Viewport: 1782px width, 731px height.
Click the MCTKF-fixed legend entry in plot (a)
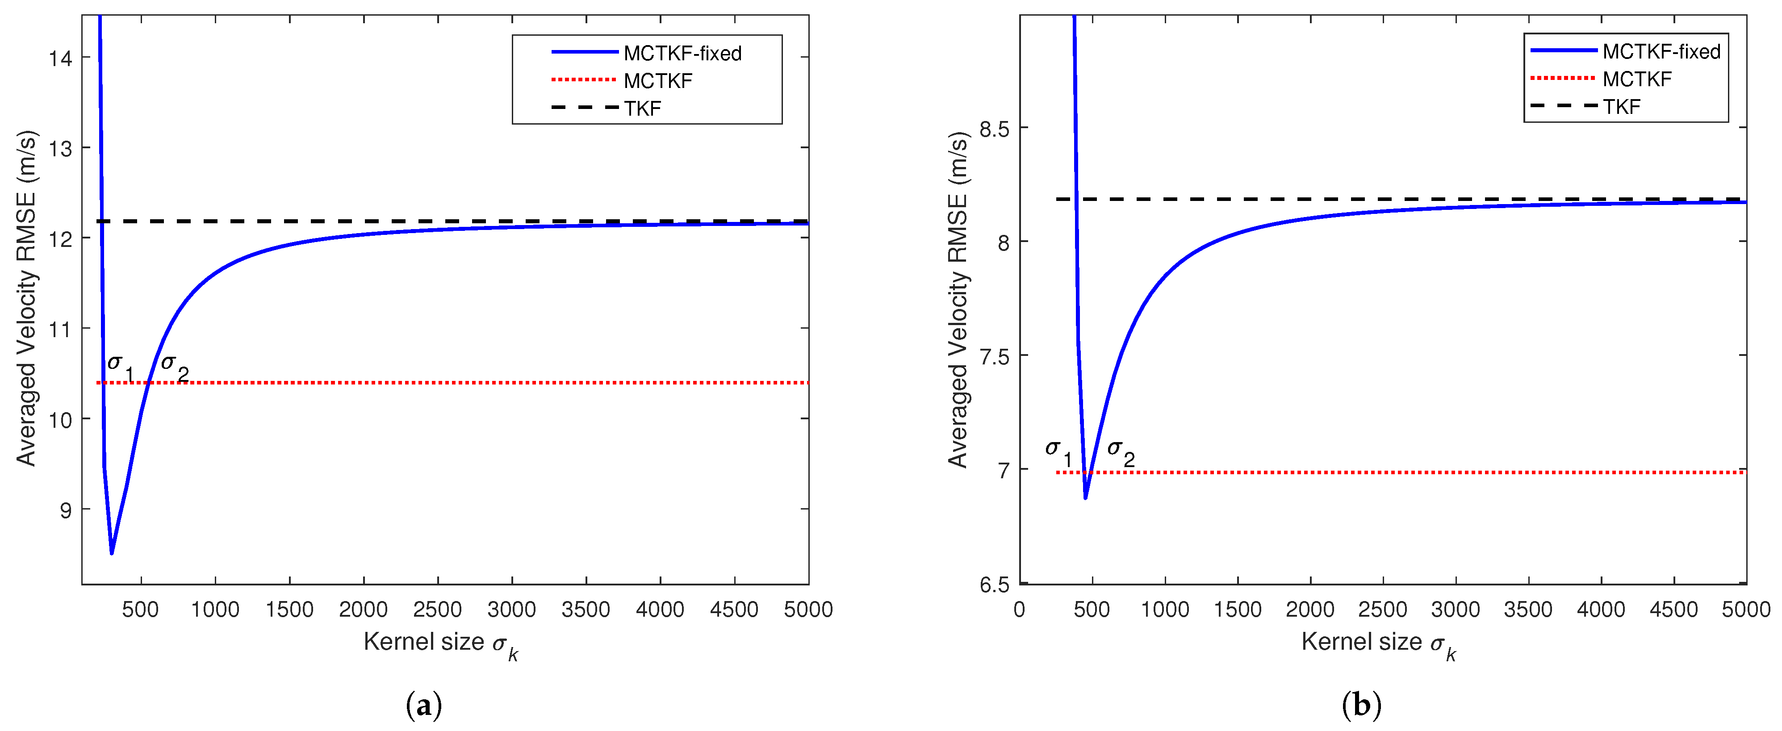(x=682, y=53)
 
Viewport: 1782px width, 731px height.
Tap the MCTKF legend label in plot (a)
(x=657, y=81)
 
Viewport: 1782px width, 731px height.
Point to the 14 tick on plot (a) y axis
(x=61, y=58)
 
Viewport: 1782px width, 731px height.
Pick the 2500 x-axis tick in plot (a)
(x=437, y=609)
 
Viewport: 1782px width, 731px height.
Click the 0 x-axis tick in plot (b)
(x=1019, y=609)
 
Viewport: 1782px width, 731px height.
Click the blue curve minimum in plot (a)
(x=111, y=552)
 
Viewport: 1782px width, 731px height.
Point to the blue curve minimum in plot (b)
(x=1085, y=497)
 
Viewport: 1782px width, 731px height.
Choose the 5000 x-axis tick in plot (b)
(x=1745, y=609)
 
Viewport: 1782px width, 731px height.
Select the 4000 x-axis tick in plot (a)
(x=660, y=609)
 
